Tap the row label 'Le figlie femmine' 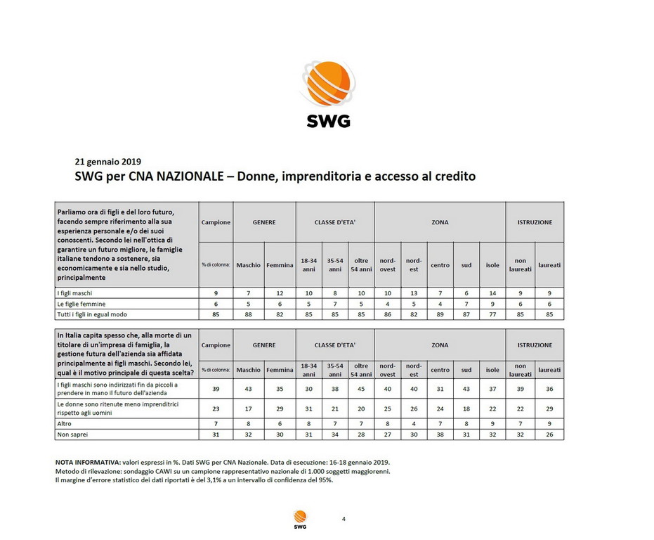81,303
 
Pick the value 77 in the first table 492,314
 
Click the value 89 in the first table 440,314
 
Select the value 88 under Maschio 248,314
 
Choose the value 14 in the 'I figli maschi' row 492,292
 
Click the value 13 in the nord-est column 414,292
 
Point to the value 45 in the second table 360,389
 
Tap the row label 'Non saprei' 72,435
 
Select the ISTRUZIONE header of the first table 535,222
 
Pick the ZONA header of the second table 440,345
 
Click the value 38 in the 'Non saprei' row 440,435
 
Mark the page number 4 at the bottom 343,519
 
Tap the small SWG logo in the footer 300,519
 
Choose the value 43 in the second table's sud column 466,389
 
